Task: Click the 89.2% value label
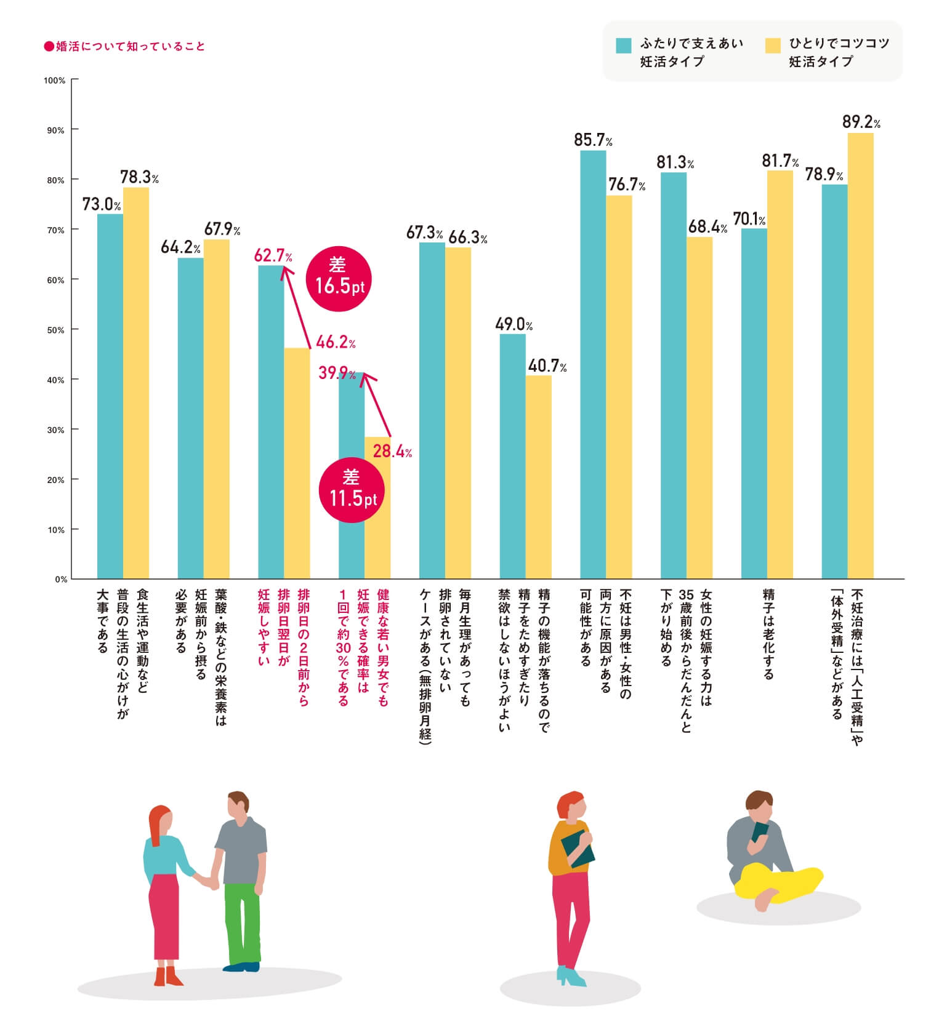[x=860, y=122]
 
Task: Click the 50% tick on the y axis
[x=55, y=330]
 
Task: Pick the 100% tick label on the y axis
[x=54, y=81]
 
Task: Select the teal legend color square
[x=623, y=46]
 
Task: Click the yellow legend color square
[x=772, y=46]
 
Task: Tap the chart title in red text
[x=124, y=46]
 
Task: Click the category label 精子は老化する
[x=768, y=634]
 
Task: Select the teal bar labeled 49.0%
[x=512, y=456]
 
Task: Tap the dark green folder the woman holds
[x=577, y=850]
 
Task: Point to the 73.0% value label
[x=102, y=204]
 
